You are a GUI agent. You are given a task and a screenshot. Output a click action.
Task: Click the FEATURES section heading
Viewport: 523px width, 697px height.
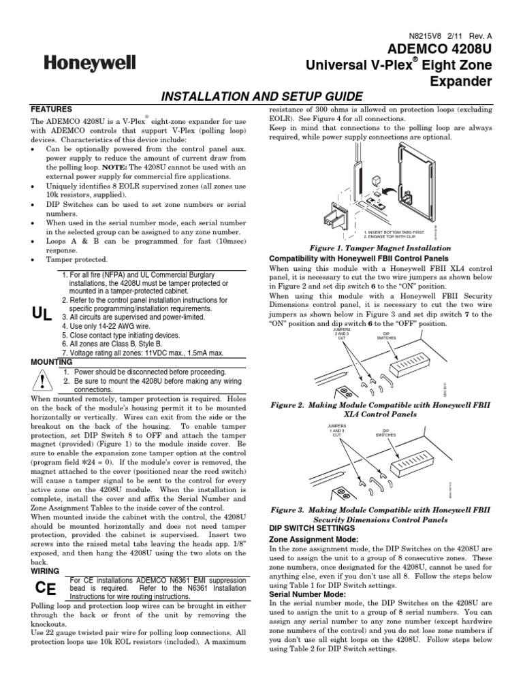[52, 108]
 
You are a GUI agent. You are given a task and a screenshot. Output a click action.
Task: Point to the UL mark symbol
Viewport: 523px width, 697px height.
[42, 313]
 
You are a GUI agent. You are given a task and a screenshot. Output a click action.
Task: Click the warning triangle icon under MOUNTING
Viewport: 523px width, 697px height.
[42, 379]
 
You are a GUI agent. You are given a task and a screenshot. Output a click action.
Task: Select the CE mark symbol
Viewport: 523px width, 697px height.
[43, 588]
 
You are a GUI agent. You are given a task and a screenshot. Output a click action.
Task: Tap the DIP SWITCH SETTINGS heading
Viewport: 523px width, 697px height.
[313, 528]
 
